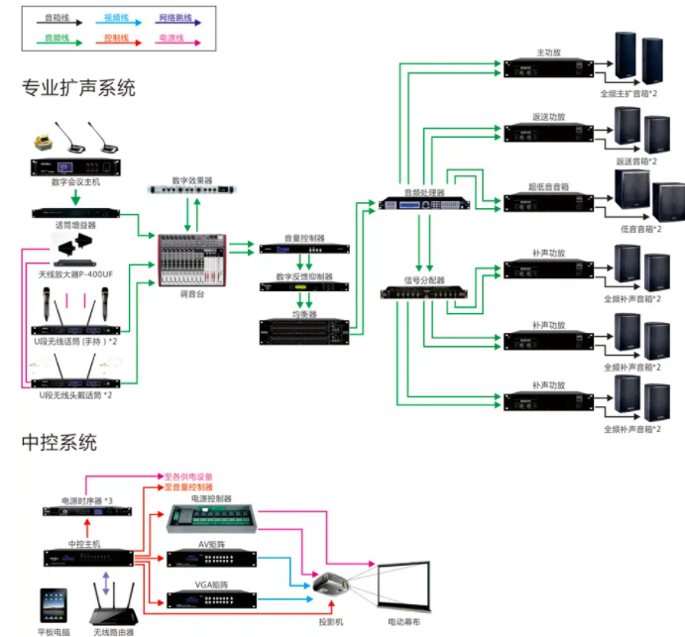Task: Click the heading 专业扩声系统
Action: (x=78, y=87)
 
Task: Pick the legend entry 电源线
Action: (x=176, y=39)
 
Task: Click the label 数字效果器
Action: (x=192, y=181)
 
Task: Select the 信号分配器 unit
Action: (x=424, y=293)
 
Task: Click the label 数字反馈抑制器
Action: (x=304, y=276)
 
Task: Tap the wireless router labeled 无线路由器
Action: (x=113, y=602)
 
